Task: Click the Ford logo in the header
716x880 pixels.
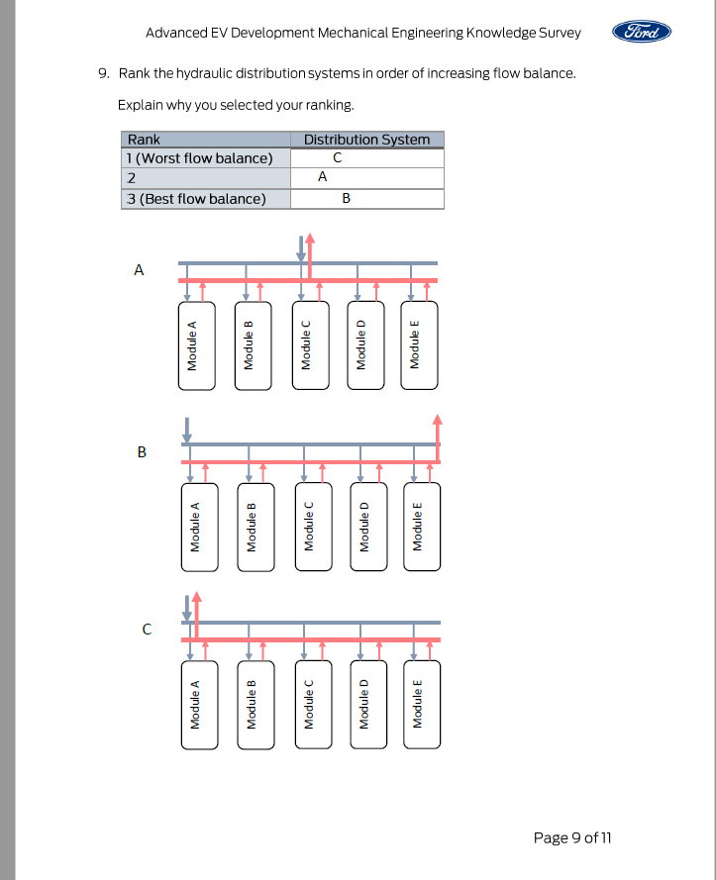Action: tap(642, 32)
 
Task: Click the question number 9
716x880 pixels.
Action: tap(102, 73)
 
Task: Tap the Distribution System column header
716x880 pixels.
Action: tap(366, 140)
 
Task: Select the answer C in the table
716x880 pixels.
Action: tap(338, 158)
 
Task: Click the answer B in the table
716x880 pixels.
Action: tap(346, 198)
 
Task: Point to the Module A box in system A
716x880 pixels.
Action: tap(193, 345)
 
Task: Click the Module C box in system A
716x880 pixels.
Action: tap(306, 345)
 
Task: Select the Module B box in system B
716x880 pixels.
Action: tap(252, 527)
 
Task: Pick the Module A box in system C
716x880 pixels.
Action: tap(195, 704)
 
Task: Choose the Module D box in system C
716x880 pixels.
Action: tap(363, 704)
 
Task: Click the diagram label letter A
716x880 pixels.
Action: tap(140, 268)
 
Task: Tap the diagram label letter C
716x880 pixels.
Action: tap(146, 628)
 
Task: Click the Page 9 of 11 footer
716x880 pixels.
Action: tap(572, 837)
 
